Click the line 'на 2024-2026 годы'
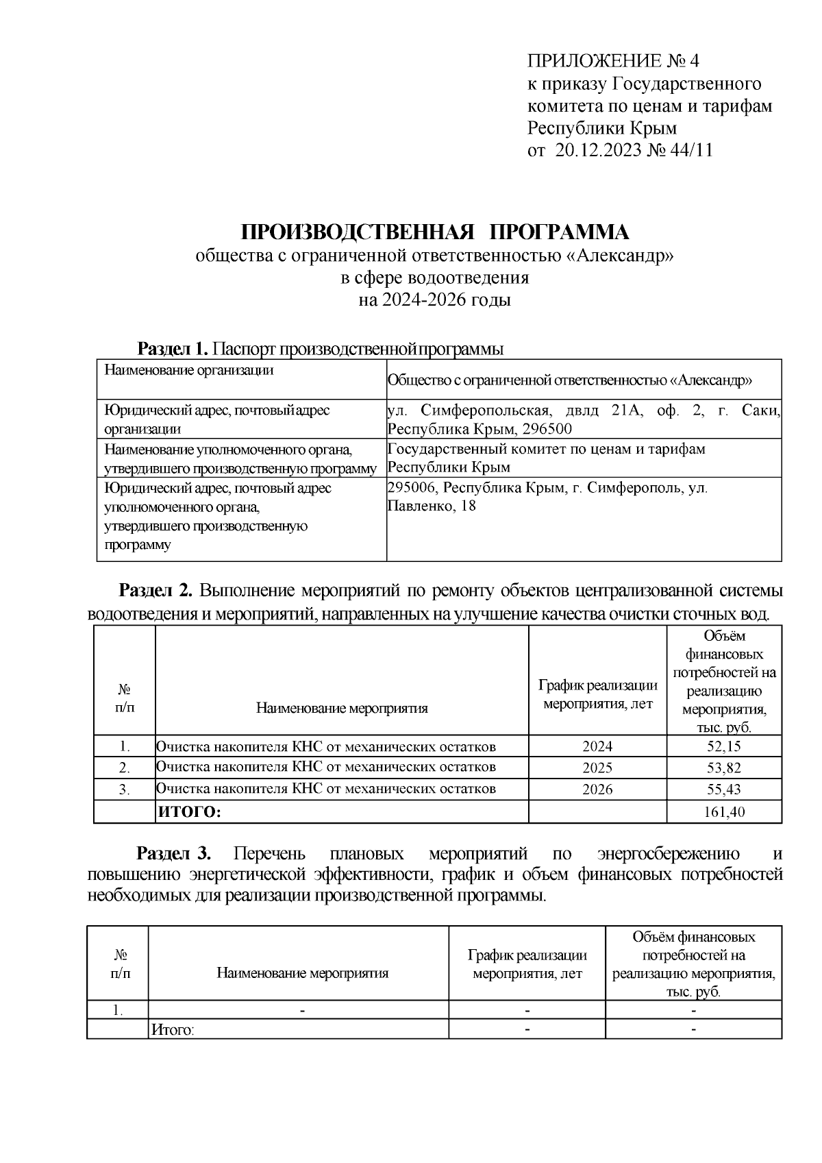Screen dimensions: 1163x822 coord(435,300)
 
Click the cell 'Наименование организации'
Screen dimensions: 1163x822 coord(188,371)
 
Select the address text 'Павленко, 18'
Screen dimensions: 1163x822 coord(431,506)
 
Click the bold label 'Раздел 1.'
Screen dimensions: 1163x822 coord(173,349)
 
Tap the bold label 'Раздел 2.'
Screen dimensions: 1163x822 coord(158,590)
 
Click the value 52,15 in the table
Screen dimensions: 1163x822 coord(723,746)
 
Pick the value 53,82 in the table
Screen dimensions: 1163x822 coord(723,768)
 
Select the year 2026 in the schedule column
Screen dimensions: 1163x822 coord(597,789)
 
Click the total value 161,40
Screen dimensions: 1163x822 coord(723,812)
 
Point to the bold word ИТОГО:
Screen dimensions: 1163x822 coord(190,812)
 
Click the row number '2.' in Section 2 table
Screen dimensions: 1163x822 coord(124,768)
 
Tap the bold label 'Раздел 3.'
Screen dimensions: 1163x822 coord(174,854)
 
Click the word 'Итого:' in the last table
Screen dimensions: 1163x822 coord(173,1030)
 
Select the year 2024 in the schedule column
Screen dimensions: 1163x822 coord(597,746)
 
